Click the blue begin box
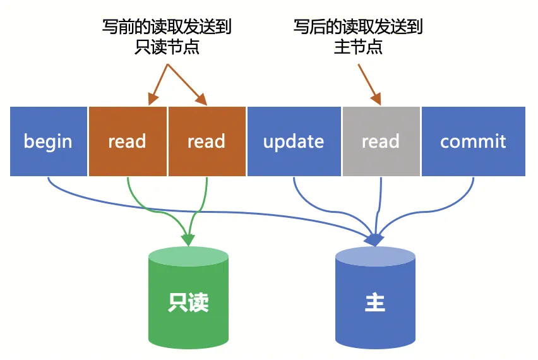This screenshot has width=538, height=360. [x=48, y=141]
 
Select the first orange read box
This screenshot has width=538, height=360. [x=128, y=141]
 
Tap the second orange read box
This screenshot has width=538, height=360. [x=206, y=141]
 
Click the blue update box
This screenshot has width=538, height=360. [x=294, y=141]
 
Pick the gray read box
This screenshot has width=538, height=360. [x=381, y=141]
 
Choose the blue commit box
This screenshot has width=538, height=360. [x=473, y=141]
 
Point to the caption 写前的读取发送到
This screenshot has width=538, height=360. [x=167, y=27]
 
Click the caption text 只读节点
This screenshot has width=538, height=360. [x=167, y=47]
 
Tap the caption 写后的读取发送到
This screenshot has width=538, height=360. [x=358, y=27]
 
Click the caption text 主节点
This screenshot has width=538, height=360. [x=358, y=47]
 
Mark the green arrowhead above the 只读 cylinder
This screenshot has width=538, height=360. [x=188, y=239]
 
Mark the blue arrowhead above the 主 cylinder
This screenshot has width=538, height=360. [x=375, y=239]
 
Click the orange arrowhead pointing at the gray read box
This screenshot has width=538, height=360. [x=376, y=99]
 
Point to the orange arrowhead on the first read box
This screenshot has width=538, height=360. [x=152, y=99]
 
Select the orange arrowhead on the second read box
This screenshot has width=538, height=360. [x=201, y=99]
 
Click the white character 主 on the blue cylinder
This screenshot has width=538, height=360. [x=375, y=303]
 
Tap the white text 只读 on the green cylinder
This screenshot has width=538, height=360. [x=188, y=303]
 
